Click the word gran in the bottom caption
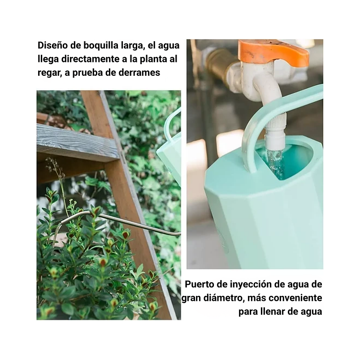pos(193,298)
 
